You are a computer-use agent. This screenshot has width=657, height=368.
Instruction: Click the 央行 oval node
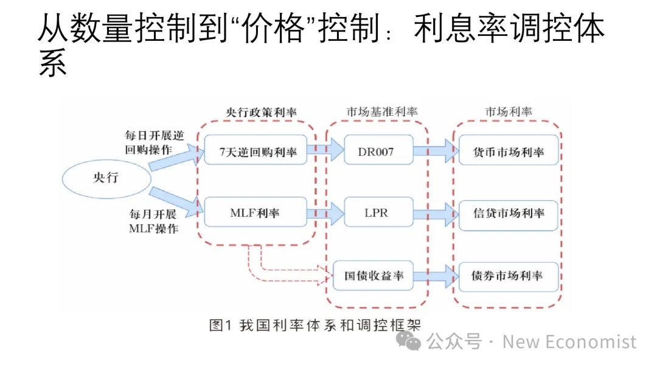107,177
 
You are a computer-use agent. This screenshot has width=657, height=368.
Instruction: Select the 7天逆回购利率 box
254,152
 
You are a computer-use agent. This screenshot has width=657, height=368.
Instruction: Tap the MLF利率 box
254,213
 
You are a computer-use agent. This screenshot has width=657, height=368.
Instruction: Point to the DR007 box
377,152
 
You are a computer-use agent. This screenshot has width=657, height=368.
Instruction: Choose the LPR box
377,213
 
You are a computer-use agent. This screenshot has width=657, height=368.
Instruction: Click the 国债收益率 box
374,275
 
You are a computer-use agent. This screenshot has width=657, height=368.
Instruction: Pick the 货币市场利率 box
509,152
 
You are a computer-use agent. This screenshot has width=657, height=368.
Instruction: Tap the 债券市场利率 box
509,275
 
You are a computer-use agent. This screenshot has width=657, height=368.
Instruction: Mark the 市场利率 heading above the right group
509,113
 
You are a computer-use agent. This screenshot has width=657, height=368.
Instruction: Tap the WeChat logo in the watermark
409,341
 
